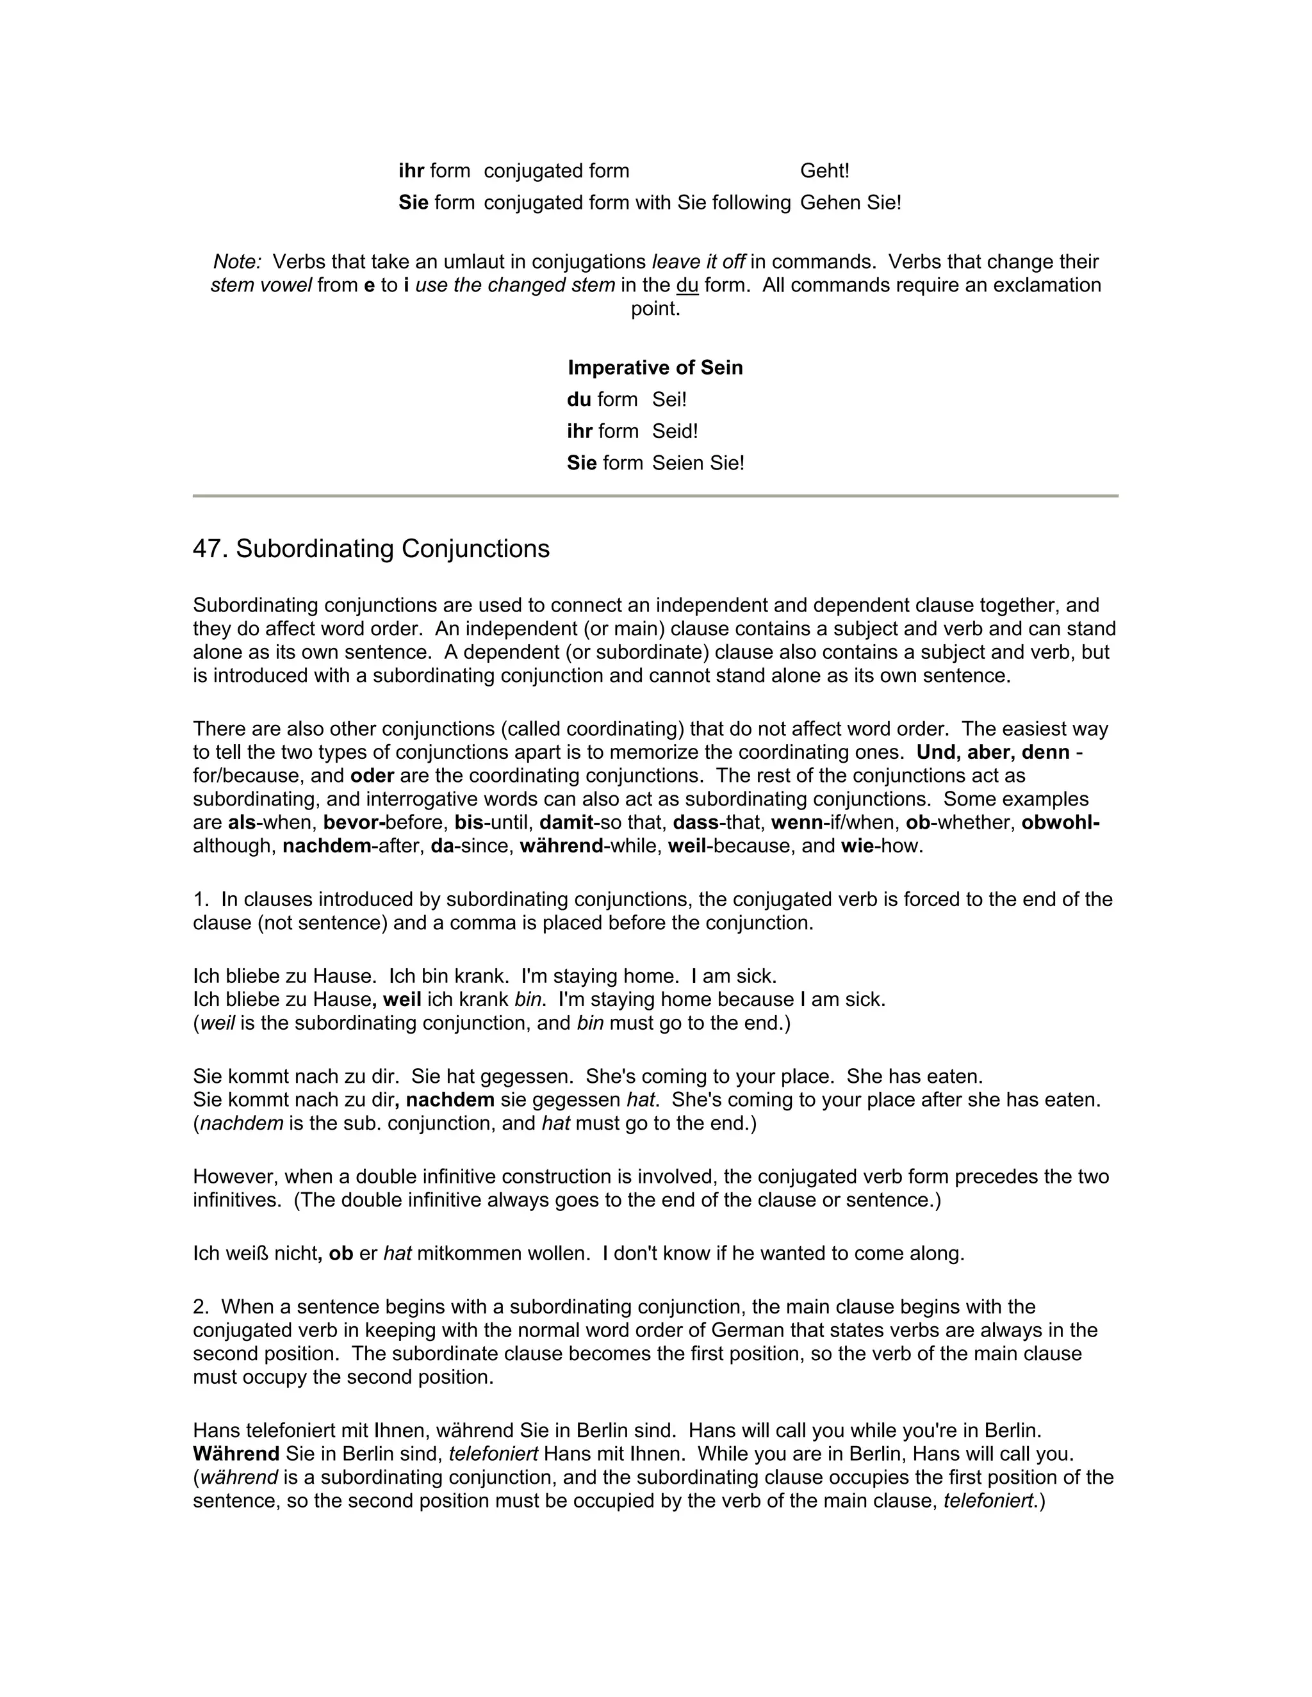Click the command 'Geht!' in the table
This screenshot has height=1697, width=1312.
pyautogui.click(x=824, y=171)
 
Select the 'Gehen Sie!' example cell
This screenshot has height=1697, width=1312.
pyautogui.click(x=850, y=203)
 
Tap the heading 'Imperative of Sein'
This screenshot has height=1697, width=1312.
pyautogui.click(x=655, y=368)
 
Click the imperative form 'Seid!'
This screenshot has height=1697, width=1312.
pyautogui.click(x=675, y=431)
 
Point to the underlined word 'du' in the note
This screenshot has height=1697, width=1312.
pyautogui.click(x=687, y=285)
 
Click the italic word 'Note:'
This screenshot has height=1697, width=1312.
pyautogui.click(x=237, y=262)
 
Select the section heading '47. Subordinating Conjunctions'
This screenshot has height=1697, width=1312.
pyautogui.click(x=371, y=549)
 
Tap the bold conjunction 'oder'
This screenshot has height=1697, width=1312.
pyautogui.click(x=372, y=775)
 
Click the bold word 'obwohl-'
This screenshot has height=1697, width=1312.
pyautogui.click(x=1060, y=822)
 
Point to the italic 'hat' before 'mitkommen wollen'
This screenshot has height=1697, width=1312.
pyautogui.click(x=397, y=1253)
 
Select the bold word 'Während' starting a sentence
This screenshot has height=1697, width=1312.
pyautogui.click(x=236, y=1454)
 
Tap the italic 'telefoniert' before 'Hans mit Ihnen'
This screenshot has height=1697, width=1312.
pyautogui.click(x=493, y=1454)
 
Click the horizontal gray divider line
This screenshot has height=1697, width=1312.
pyautogui.click(x=655, y=496)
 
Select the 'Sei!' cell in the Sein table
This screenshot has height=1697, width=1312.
pyautogui.click(x=669, y=400)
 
